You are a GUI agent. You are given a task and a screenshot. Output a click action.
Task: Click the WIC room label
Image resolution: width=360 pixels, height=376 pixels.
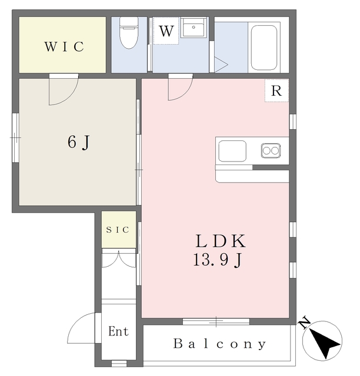64,46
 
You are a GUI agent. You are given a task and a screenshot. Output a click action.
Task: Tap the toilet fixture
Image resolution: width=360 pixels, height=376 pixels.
129,33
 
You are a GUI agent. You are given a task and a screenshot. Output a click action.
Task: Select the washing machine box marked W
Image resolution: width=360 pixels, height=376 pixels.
166,31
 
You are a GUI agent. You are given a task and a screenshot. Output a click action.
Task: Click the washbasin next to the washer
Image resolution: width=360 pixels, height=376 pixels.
194,28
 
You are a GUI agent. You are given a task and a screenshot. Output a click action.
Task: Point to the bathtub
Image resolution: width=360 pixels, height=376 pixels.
264,48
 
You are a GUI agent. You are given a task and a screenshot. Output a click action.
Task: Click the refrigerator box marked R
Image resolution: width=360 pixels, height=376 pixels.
276,90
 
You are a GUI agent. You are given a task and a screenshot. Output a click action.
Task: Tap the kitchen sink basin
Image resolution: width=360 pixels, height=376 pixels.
232,151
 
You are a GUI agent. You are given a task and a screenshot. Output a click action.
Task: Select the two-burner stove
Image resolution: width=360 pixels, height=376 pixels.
271,150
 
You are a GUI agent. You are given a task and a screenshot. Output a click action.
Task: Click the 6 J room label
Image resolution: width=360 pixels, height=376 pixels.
79,142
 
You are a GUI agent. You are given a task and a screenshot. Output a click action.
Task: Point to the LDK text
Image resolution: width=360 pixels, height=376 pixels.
221,241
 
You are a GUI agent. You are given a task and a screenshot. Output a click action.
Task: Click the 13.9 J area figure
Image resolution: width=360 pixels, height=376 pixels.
217,260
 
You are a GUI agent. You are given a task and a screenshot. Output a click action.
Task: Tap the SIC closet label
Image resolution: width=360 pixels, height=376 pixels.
118,230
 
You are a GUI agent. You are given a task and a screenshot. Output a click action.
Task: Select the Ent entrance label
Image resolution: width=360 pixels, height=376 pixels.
118,331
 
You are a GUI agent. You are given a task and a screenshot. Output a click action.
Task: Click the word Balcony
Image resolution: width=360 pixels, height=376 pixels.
219,344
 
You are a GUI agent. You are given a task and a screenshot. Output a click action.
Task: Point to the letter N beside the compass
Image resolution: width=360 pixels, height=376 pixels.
304,323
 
